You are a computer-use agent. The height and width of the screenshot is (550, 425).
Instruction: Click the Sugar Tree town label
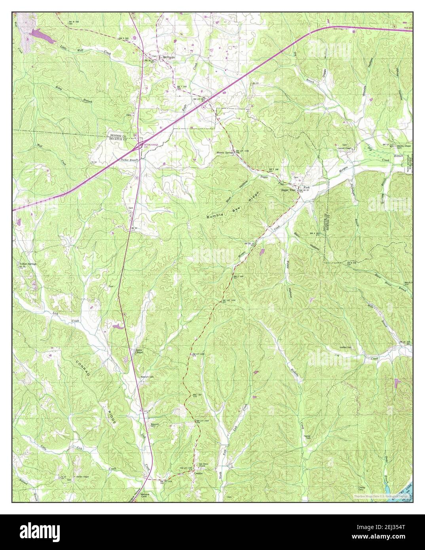pos(288,190)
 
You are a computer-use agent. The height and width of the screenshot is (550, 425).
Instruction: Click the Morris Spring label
pos(224,153)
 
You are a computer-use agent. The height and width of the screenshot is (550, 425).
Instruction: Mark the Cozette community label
pos(198,474)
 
